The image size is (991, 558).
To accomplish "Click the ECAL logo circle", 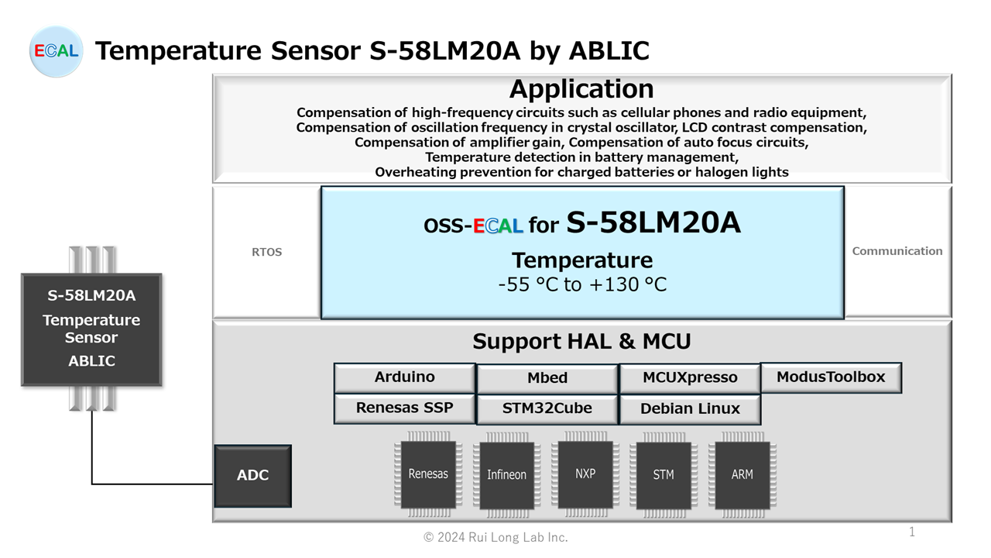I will click(x=56, y=51).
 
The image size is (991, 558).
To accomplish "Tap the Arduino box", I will click(x=404, y=377).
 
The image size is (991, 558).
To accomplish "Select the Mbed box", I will click(x=547, y=378).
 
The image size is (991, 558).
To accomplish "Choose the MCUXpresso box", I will click(x=690, y=378).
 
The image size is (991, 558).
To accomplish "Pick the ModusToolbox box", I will click(x=831, y=377).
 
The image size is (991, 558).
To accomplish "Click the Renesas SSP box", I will click(x=404, y=408).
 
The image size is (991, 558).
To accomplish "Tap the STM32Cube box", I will click(x=547, y=408).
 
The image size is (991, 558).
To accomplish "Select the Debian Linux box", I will click(x=690, y=408).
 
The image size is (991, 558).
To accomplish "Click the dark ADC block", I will click(x=252, y=475).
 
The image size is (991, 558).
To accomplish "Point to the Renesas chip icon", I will click(x=428, y=474).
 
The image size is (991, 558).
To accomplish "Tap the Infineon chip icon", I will click(x=506, y=474).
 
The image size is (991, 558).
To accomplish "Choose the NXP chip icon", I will click(x=585, y=474).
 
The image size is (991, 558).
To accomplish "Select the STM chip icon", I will click(x=664, y=474).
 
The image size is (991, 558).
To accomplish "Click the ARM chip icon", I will click(x=742, y=474).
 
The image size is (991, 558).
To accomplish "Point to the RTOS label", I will click(x=267, y=252).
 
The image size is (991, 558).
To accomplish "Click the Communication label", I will click(x=897, y=251).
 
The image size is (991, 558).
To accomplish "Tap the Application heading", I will click(x=581, y=89).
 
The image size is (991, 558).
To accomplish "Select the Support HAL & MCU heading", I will click(x=581, y=341).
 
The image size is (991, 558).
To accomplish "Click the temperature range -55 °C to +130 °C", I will click(x=582, y=284).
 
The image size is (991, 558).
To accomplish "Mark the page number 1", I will click(x=912, y=532).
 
